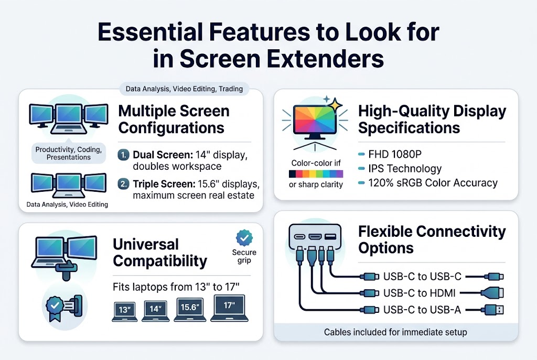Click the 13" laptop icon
pos(125,310)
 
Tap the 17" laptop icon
pos(229,308)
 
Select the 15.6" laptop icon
pos(190,309)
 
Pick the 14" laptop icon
pos(155,310)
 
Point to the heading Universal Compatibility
pos(160,253)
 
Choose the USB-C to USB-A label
pos(422,310)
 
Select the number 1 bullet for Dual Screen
pos(123,155)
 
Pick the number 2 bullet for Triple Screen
pos(123,184)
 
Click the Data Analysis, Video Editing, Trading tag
pos(184,89)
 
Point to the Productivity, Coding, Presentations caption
pos(68,153)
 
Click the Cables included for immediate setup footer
pos(395,332)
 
